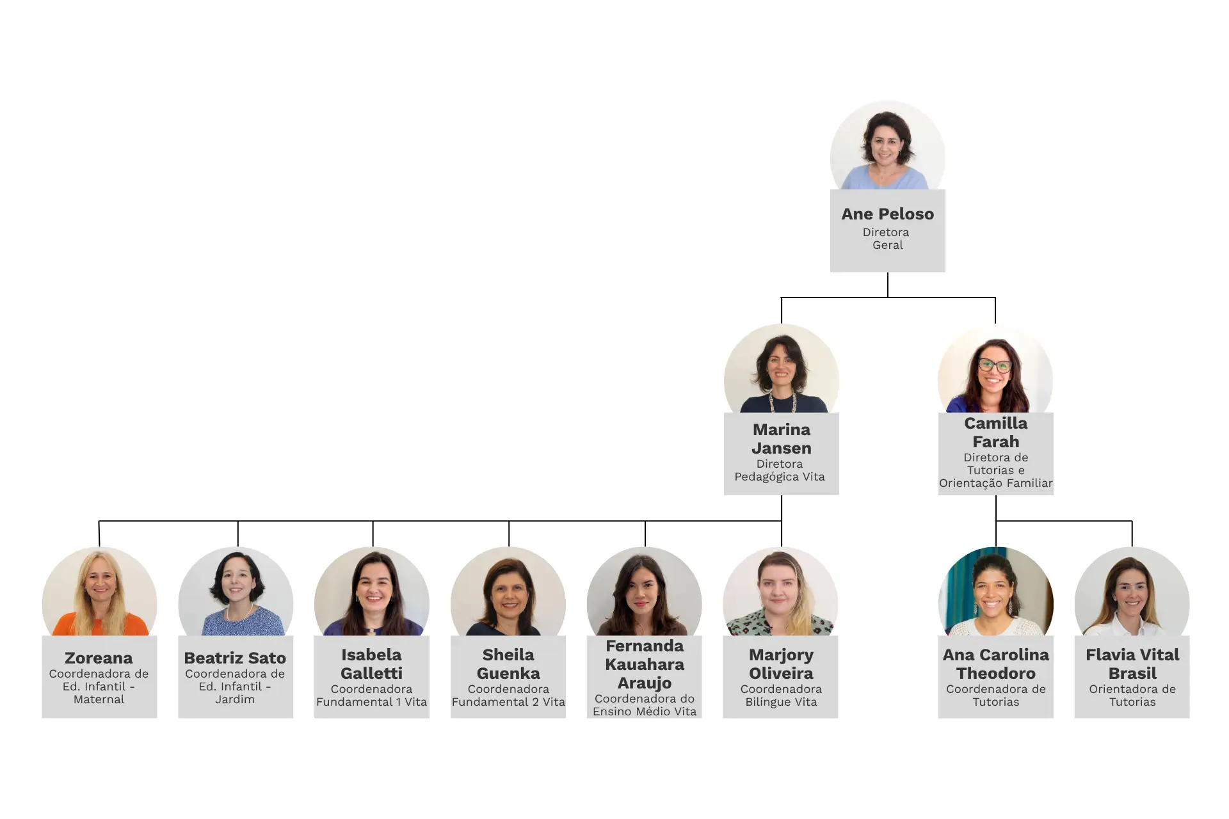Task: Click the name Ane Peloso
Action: point(887,214)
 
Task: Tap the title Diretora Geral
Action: point(887,239)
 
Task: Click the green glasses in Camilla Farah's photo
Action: point(995,365)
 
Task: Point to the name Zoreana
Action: point(99,658)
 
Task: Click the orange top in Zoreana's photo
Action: point(100,624)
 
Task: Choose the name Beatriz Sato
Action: point(235,658)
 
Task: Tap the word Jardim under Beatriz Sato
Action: point(235,699)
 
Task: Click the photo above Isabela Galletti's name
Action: point(371,591)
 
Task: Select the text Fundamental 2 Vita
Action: point(508,702)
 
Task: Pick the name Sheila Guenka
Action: point(508,664)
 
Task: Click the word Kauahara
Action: point(645,665)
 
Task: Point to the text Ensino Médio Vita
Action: point(645,712)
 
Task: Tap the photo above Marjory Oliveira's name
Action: point(780,591)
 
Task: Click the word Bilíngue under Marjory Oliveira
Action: point(767,703)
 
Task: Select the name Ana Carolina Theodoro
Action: point(996,664)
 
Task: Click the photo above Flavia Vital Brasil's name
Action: point(1132,591)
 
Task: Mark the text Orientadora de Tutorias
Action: point(1132,696)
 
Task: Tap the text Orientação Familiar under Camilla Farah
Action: point(996,483)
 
